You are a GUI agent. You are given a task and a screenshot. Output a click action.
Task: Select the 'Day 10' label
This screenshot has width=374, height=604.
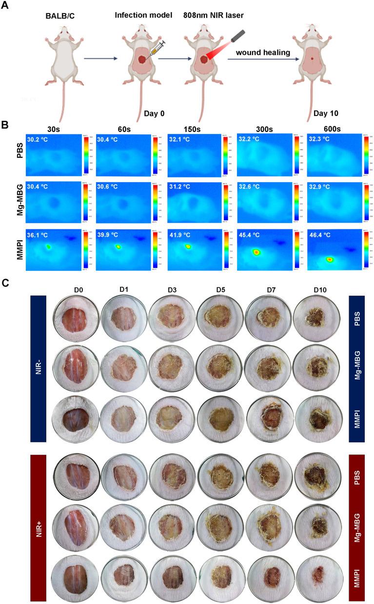click(x=328, y=113)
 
